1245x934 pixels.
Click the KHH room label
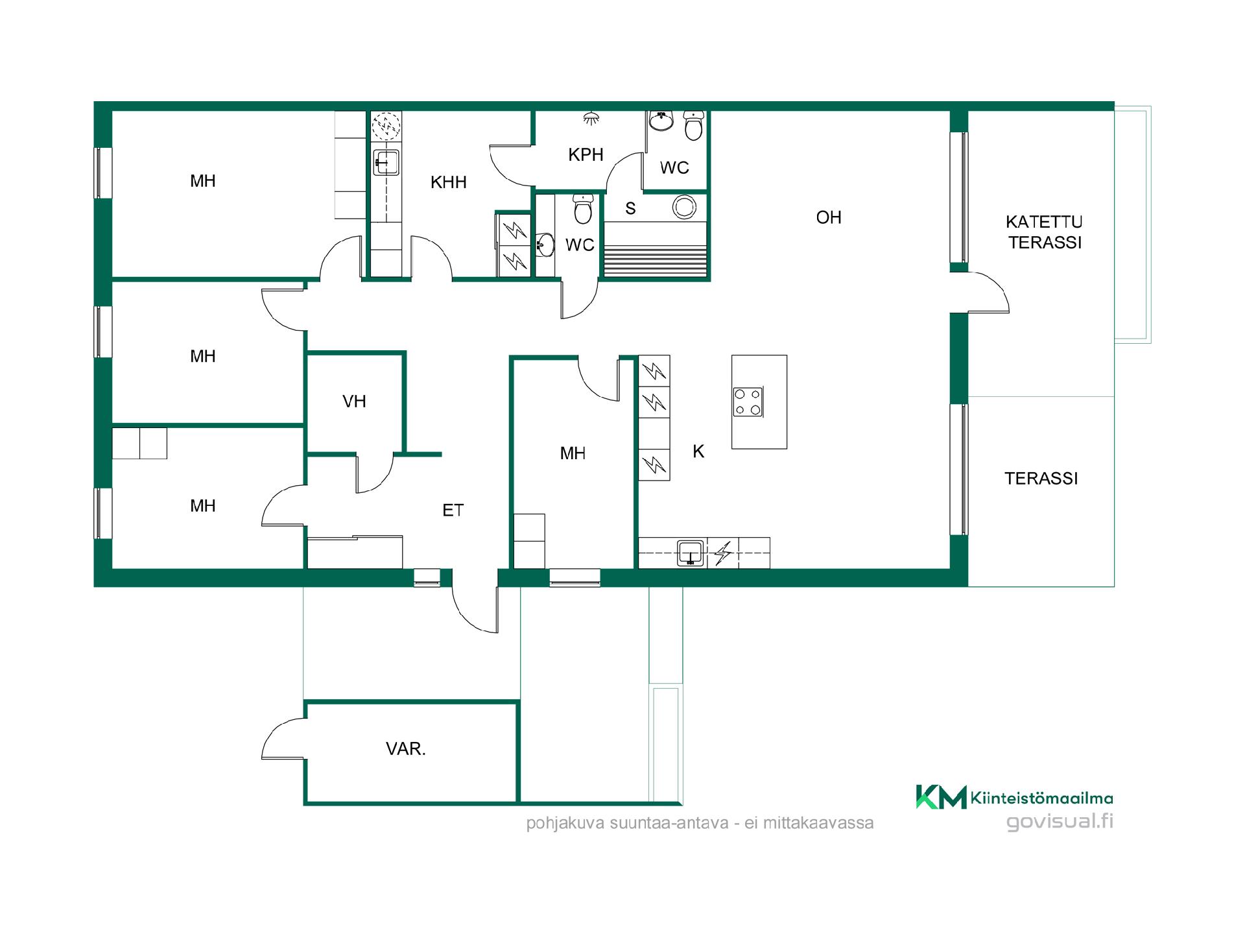pos(448,182)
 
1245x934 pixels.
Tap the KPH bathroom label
pos(586,154)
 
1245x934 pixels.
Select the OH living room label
pos(829,217)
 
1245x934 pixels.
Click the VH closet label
pos(354,401)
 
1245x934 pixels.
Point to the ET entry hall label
pos(453,510)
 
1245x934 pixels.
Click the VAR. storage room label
pos(406,749)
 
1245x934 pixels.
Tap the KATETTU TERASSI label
pos(1044,232)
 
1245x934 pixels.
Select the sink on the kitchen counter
pos(691,553)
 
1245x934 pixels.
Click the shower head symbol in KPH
pos(590,118)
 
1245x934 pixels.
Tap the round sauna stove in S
pos(684,207)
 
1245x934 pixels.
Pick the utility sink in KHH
pos(386,162)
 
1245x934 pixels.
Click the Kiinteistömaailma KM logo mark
pos(941,797)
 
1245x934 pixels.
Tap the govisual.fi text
pos(1060,821)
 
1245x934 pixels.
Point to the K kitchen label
pos(698,451)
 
